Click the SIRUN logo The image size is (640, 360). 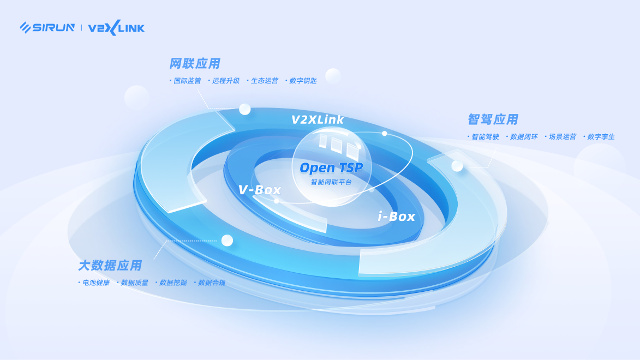pos(47,27)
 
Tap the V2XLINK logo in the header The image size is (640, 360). pos(116,27)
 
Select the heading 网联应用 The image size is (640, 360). pos(195,64)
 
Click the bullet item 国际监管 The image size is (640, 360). pos(187,81)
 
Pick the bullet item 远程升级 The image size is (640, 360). pos(226,81)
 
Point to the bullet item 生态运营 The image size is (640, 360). pos(265,81)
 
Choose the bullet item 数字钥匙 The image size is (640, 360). pos(303,81)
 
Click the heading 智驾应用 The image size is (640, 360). pos(493,119)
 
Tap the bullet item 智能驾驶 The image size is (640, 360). pos(486,137)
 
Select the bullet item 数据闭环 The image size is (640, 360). pos(524,137)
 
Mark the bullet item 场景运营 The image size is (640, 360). pos(563,137)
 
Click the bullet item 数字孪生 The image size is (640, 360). pos(601,137)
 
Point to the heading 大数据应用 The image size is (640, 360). pos(110,266)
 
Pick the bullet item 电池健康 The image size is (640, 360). pos(96,283)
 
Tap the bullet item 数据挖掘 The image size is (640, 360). pos(173,283)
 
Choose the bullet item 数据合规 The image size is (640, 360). pos(212,283)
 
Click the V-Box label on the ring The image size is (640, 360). pos(260,190)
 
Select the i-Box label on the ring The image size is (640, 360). pos(397,217)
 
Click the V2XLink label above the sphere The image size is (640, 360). pos(318,119)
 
